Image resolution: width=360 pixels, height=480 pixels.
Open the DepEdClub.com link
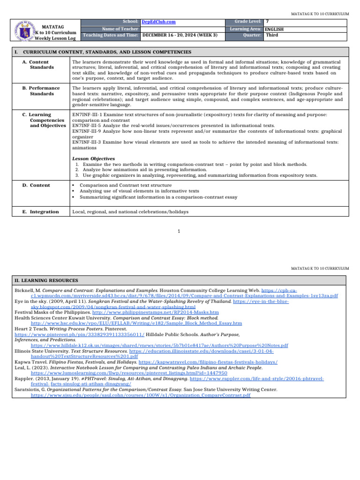pos(155,22)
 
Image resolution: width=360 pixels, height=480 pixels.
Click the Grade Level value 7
pos(267,22)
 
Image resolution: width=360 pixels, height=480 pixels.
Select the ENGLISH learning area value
pos(274,29)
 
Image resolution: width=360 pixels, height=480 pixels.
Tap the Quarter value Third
pos(272,35)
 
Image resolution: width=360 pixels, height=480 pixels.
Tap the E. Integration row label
pos(41,212)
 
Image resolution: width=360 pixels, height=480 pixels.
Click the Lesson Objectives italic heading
pos(93,158)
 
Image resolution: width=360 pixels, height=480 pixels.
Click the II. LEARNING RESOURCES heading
pos(45,280)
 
